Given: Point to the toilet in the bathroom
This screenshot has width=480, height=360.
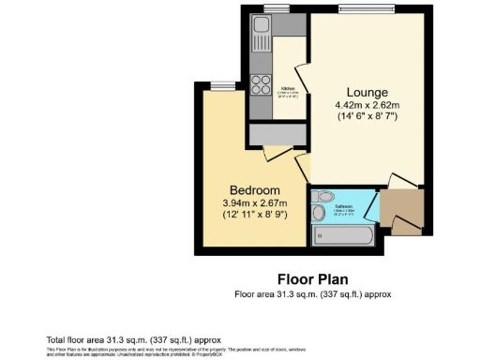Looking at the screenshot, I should coord(323,199).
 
